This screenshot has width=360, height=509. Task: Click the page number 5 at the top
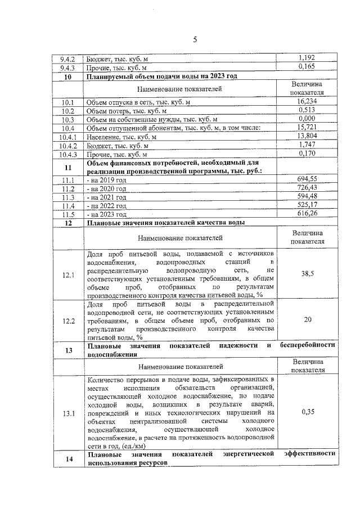pyautogui.click(x=195, y=39)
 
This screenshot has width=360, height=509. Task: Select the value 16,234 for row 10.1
pyautogui.click(x=307, y=101)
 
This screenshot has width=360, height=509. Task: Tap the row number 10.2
pyautogui.click(x=68, y=111)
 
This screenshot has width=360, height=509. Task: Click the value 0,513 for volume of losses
pyautogui.click(x=307, y=110)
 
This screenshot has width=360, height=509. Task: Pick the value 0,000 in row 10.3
pyautogui.click(x=307, y=119)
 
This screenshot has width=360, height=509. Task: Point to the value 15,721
pyautogui.click(x=307, y=128)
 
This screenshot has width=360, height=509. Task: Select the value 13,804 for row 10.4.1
pyautogui.click(x=307, y=136)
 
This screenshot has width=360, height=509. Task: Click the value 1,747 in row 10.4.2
pyautogui.click(x=307, y=145)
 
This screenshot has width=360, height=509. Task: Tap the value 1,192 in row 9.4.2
pyautogui.click(x=307, y=58)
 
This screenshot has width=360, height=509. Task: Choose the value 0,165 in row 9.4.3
pyautogui.click(x=307, y=67)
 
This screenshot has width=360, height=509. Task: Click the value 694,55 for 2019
pyautogui.click(x=307, y=179)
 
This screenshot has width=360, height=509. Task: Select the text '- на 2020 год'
pyautogui.click(x=107, y=188)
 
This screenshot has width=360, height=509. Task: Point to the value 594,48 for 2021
pyautogui.click(x=307, y=196)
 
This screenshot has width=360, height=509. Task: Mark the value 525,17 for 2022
pyautogui.click(x=307, y=205)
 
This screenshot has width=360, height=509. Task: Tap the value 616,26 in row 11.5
pyautogui.click(x=307, y=214)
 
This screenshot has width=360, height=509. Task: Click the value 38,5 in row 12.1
pyautogui.click(x=307, y=274)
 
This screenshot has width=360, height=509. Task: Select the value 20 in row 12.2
pyautogui.click(x=307, y=320)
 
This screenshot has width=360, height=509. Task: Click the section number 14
pyautogui.click(x=68, y=459)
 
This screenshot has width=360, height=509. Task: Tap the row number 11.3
pyautogui.click(x=68, y=197)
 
